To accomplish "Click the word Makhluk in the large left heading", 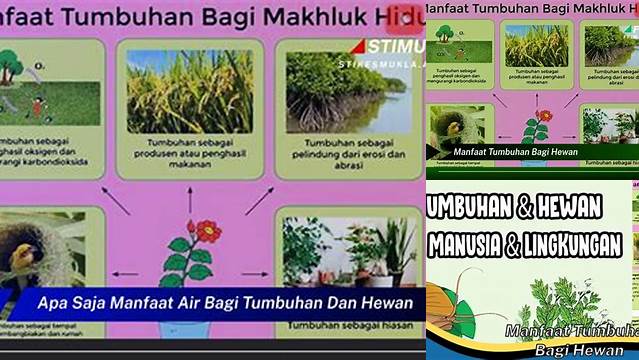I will (x=321, y=17).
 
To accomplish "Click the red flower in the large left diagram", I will (x=209, y=232).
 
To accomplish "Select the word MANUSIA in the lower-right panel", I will (x=469, y=243).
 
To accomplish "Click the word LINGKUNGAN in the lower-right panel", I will (x=580, y=243).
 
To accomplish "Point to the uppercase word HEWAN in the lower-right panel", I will (x=569, y=208).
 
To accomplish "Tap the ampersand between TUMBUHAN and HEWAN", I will (x=526, y=208).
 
